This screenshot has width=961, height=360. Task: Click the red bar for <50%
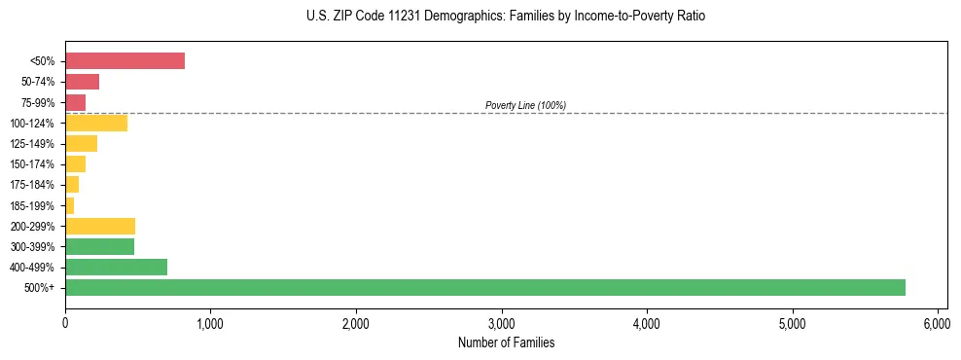(x=125, y=61)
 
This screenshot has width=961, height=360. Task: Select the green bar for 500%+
(x=484, y=287)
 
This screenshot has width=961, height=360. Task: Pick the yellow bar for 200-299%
(x=100, y=226)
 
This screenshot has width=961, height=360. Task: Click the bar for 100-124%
(x=96, y=123)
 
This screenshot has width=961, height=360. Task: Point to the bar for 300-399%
(x=99, y=246)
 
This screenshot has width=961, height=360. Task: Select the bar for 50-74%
(x=82, y=82)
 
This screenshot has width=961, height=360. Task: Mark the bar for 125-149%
(x=81, y=143)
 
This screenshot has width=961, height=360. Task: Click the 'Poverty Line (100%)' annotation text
(x=525, y=105)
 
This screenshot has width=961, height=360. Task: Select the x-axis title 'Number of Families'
(x=505, y=342)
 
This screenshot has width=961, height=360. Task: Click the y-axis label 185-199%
(x=35, y=205)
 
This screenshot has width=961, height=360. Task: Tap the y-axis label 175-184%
(x=35, y=185)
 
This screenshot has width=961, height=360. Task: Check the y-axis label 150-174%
(x=35, y=164)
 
